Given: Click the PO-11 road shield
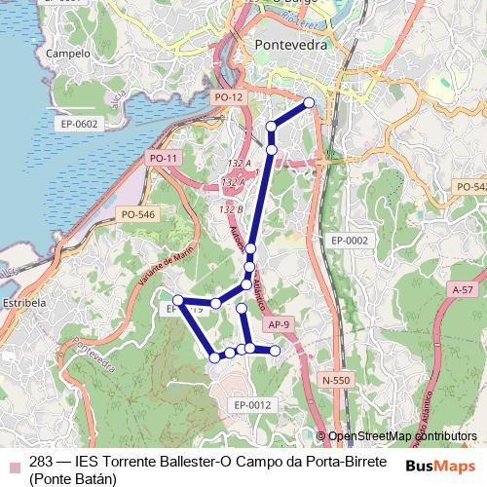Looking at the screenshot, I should pos(163,158).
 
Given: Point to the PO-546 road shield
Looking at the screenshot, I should pos(137,213).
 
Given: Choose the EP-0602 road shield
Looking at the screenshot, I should pos(79,124).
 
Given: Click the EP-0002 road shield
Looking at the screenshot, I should pos(349,240).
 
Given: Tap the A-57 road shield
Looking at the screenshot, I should pos(462,290).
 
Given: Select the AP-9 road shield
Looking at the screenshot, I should pos(278,323).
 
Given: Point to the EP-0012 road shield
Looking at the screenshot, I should pos(251,404).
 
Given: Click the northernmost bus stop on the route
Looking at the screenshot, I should pos(310,102).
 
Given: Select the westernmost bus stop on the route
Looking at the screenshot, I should pos(178,300).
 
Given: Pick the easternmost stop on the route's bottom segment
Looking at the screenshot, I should pos(275,350).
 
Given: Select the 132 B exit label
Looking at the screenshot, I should pos(231,208).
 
